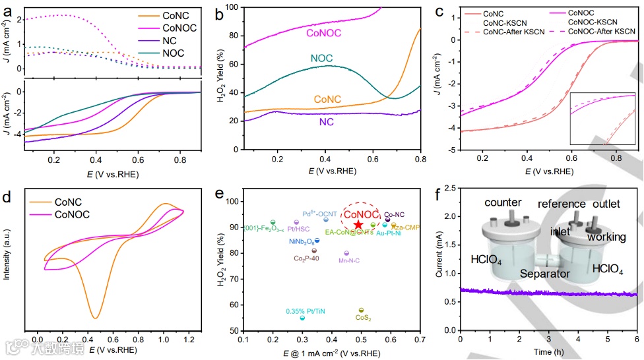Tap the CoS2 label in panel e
(x=364, y=318)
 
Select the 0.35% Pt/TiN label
(x=305, y=311)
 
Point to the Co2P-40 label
(x=307, y=259)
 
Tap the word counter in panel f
(x=503, y=202)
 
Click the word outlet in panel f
(x=606, y=204)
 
